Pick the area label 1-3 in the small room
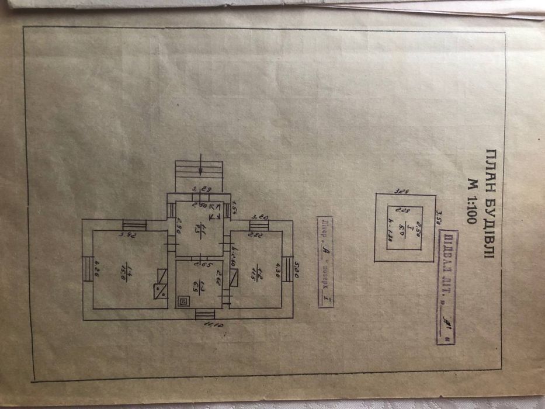(200, 286)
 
